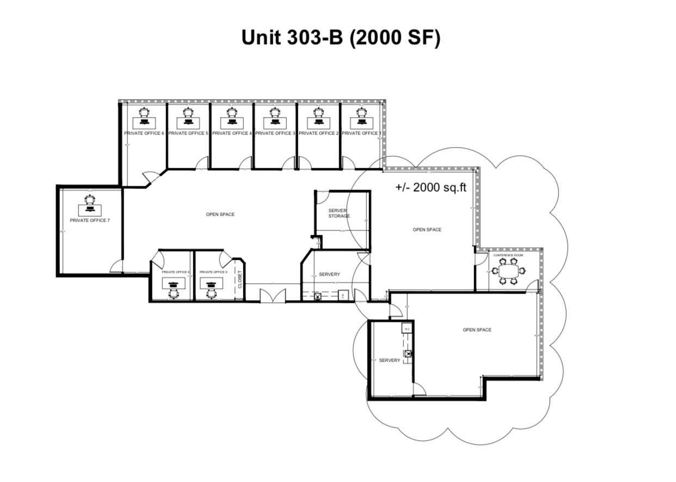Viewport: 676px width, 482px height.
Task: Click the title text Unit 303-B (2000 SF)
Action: [x=340, y=38]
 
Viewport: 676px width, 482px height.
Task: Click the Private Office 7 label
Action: [x=90, y=221]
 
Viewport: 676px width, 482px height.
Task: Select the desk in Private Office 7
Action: [x=90, y=209]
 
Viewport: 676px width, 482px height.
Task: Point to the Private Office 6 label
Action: [x=144, y=133]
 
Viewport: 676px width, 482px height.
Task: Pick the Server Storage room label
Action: [x=339, y=213]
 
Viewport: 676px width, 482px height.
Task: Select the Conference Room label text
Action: [x=507, y=255]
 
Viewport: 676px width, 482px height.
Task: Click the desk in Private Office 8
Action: [x=173, y=283]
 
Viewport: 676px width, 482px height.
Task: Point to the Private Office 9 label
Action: [x=213, y=272]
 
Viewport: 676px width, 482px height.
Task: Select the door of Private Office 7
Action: [x=115, y=267]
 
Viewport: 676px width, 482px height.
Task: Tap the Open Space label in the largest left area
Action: [x=220, y=215]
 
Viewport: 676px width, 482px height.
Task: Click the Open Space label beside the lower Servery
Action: [x=477, y=330]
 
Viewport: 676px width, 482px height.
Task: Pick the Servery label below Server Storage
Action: [x=329, y=274]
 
